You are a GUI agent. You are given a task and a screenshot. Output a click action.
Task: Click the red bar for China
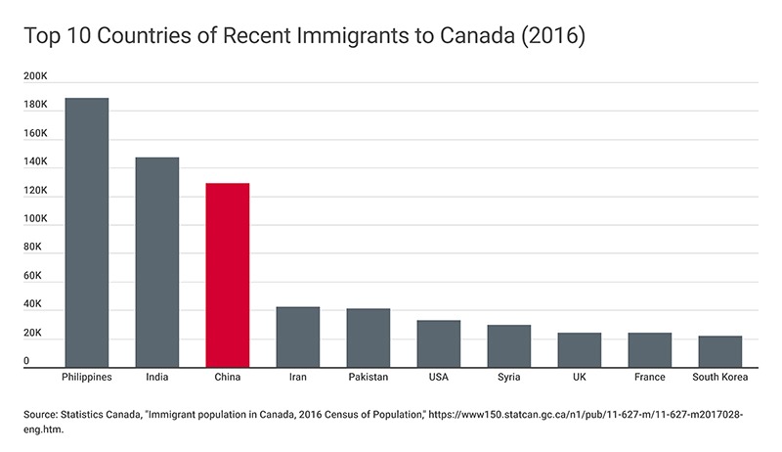227,275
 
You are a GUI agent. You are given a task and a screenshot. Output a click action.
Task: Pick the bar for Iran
297,337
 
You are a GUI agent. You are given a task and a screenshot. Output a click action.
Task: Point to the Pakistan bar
368,338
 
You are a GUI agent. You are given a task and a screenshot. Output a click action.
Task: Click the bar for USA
438,343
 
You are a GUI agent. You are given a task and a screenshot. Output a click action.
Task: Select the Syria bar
508,345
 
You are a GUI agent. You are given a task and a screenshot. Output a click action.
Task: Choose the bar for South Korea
719,351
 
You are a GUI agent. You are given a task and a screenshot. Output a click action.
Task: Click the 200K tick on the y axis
35,76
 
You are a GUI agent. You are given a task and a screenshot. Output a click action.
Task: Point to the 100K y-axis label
35,219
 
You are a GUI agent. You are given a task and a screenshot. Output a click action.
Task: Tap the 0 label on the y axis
27,361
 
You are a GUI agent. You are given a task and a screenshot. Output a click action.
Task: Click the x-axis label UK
579,378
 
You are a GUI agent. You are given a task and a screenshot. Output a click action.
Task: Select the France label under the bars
649,378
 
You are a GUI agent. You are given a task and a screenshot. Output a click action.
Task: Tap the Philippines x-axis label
86,378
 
